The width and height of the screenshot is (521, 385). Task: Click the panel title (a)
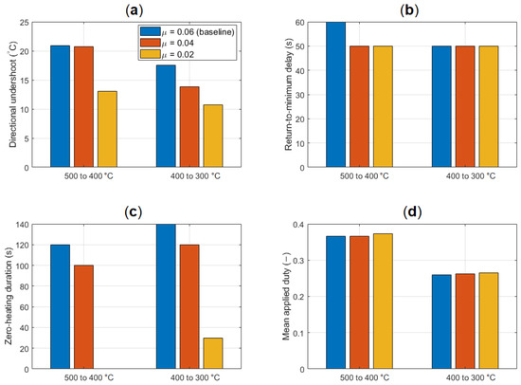click(x=134, y=10)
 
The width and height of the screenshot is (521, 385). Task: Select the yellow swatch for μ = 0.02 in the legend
click(x=151, y=54)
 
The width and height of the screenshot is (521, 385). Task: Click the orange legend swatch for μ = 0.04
click(x=151, y=43)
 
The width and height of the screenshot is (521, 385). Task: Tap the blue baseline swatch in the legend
click(x=151, y=31)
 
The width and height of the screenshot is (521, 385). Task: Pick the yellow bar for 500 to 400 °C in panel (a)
click(x=107, y=129)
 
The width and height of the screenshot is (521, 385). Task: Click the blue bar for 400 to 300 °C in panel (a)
click(x=166, y=116)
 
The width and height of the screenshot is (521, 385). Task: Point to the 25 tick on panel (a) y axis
click(x=26, y=23)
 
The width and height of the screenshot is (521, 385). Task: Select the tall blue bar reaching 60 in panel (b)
click(x=335, y=95)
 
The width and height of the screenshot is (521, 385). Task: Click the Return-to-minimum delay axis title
click(x=288, y=94)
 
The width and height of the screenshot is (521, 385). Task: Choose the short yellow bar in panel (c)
click(x=213, y=354)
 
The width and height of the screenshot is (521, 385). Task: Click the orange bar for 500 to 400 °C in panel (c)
click(x=83, y=317)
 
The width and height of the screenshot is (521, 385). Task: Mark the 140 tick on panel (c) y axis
click(x=24, y=225)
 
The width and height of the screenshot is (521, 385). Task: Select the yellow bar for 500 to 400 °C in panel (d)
click(x=383, y=302)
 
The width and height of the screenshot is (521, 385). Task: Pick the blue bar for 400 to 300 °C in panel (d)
click(x=441, y=321)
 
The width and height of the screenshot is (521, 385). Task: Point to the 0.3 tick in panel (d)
click(x=299, y=261)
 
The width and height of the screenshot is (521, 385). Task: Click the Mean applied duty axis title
click(x=286, y=297)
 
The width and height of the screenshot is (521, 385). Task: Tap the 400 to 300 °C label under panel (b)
click(x=471, y=176)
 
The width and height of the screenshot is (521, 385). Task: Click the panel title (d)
click(x=412, y=212)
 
